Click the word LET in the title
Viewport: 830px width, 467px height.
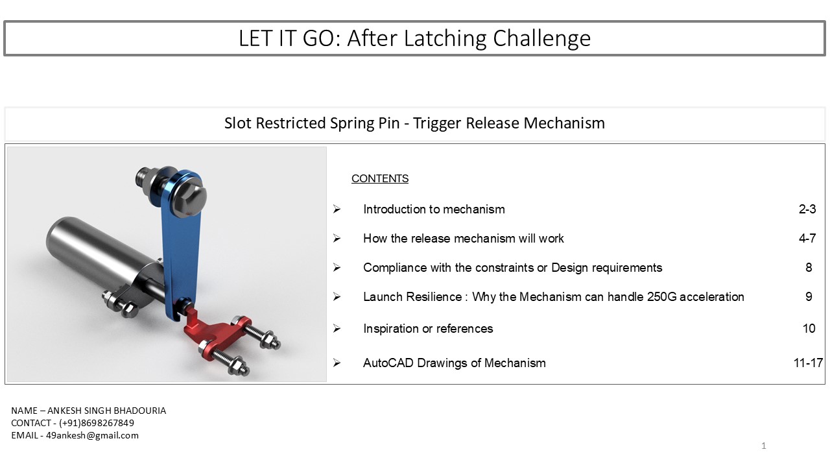(x=255, y=38)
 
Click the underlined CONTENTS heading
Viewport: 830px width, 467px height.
(x=380, y=178)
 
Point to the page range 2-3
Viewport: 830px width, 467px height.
(x=807, y=210)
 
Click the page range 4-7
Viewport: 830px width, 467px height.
(x=807, y=238)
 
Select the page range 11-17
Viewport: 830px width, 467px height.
(x=808, y=363)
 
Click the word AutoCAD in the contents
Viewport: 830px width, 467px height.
(x=388, y=363)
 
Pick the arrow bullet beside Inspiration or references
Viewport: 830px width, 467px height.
(x=337, y=328)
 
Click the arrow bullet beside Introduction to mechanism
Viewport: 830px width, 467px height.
(x=337, y=209)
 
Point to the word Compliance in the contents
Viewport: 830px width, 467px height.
(x=395, y=268)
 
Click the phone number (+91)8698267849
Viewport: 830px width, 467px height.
(x=97, y=423)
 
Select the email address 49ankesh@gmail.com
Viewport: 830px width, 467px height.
(x=92, y=435)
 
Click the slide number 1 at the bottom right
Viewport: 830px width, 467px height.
(x=764, y=446)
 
